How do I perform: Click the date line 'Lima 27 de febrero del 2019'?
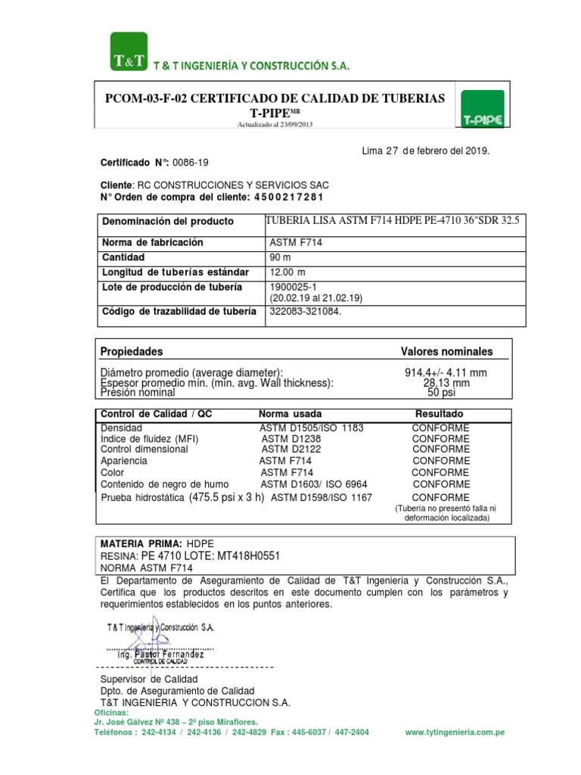[427, 151]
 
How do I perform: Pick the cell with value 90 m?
[281, 257]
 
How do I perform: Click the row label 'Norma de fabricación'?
[153, 243]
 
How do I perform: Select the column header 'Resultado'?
[440, 415]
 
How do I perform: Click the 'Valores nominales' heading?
[446, 352]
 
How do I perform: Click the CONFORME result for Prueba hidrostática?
[441, 496]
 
